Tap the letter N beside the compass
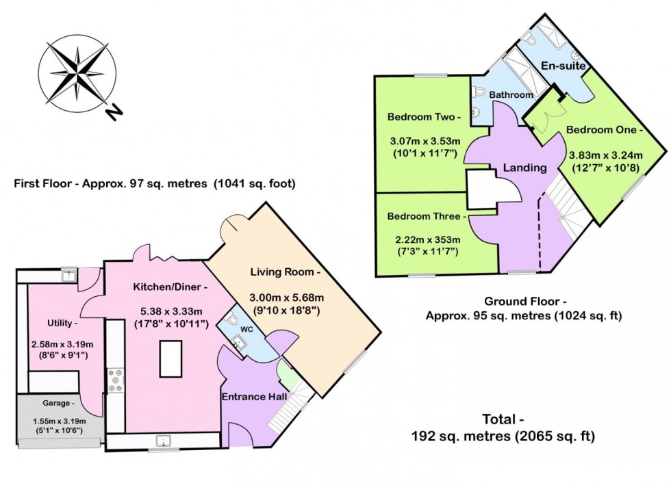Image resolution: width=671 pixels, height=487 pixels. pos(114,110)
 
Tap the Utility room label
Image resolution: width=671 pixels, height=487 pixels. pos(60,322)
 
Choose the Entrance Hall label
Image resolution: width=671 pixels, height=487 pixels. pos(253,396)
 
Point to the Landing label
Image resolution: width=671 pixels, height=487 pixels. pos(524,167)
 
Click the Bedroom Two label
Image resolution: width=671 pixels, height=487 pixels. pos(424,116)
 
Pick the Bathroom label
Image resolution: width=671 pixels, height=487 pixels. pos(511,95)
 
